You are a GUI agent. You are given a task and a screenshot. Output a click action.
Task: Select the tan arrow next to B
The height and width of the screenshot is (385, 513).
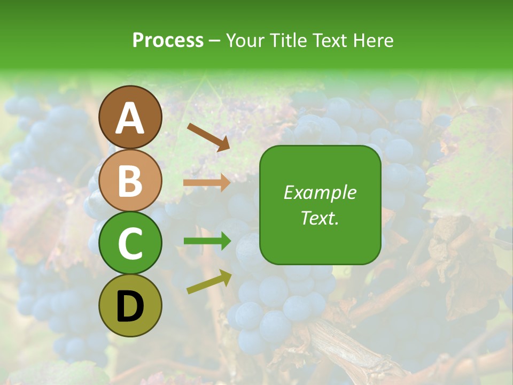207,183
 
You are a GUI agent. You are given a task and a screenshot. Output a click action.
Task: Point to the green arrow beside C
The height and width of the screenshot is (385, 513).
207,241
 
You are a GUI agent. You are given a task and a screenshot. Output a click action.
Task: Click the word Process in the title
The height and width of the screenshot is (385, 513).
168,41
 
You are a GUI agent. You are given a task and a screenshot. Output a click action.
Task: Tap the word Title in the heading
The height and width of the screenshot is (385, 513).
288,41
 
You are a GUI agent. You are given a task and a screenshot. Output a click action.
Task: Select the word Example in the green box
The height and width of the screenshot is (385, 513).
320,192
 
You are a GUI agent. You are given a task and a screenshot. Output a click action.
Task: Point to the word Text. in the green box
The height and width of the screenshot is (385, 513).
320,218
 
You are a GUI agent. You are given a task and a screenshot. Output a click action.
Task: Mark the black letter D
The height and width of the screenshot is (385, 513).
130,307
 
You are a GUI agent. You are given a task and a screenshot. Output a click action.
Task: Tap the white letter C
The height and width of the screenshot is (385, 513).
130,243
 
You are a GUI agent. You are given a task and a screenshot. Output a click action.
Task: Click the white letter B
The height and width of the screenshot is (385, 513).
130,181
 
